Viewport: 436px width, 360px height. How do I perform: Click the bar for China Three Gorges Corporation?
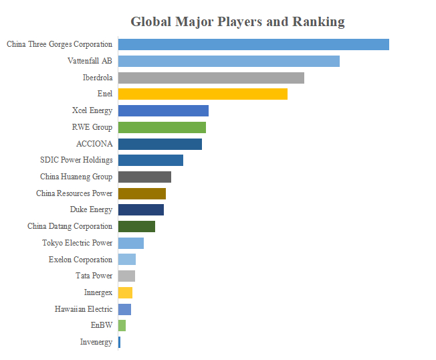(x=253, y=45)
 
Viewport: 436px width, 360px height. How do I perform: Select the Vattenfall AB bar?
(x=229, y=61)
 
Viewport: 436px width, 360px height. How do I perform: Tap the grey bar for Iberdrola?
(x=211, y=78)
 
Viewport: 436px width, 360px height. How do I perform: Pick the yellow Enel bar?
(x=203, y=94)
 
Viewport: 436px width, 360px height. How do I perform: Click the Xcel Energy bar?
(x=163, y=110)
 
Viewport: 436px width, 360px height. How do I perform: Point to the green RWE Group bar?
(x=162, y=127)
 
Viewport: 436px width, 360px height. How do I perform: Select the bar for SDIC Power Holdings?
(x=150, y=160)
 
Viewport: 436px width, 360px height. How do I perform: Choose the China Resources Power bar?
(x=142, y=193)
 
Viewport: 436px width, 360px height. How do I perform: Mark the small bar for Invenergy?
(x=119, y=342)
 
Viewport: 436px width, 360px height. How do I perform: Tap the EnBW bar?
(x=122, y=325)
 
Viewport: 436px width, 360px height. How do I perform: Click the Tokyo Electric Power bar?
(x=131, y=243)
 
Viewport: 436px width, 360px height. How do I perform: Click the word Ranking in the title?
(x=319, y=22)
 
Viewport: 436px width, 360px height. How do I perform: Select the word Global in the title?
(x=151, y=21)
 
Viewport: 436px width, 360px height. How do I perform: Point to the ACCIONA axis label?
(x=94, y=144)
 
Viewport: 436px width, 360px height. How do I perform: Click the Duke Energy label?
(x=91, y=209)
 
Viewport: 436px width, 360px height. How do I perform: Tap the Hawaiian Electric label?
(x=84, y=309)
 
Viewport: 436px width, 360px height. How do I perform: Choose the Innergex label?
(x=98, y=292)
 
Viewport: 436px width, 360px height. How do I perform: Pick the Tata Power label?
(x=94, y=276)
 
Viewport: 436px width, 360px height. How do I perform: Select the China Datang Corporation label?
(x=70, y=226)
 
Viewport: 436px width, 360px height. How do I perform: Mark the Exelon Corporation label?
(x=81, y=260)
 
